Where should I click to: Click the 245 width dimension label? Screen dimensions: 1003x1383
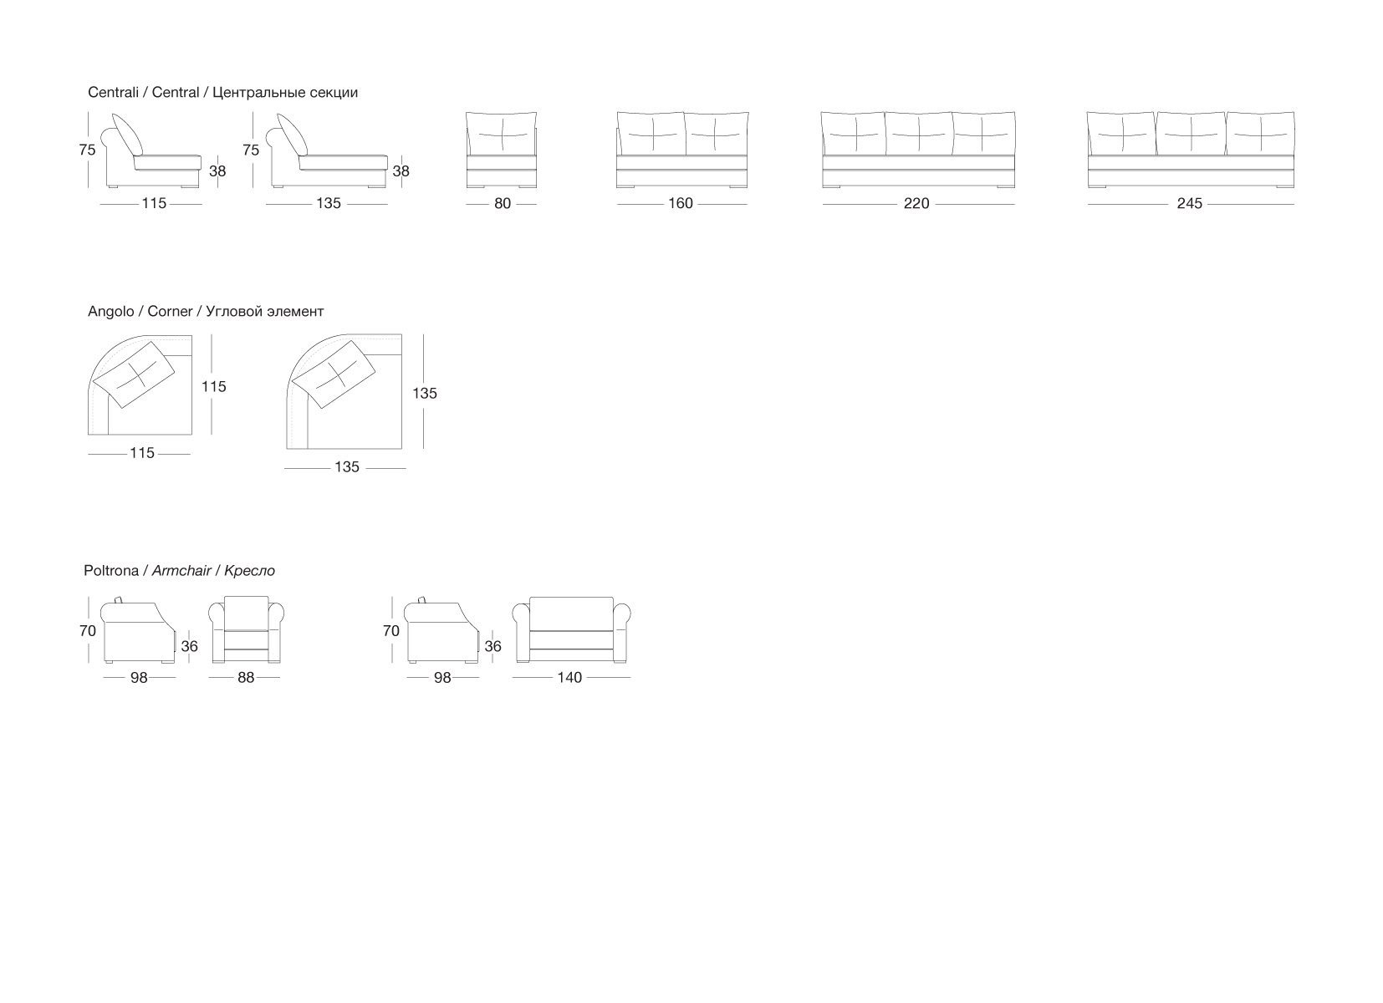pyautogui.click(x=1189, y=203)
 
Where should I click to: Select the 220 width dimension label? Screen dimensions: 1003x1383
pyautogui.click(x=916, y=203)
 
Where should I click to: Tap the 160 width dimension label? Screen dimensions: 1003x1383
pyautogui.click(x=681, y=203)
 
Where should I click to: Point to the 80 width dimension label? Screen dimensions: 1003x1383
pyautogui.click(x=502, y=203)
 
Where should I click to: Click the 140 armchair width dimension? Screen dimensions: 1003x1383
pyautogui.click(x=569, y=678)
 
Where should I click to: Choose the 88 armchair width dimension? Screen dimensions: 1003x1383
pyautogui.click(x=245, y=678)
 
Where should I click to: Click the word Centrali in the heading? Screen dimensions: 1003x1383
pyautogui.click(x=113, y=93)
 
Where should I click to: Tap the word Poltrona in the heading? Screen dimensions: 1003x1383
pyautogui.click(x=112, y=571)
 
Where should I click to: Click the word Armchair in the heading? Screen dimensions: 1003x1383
pyautogui.click(x=181, y=571)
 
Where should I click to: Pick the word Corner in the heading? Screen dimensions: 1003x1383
pyautogui.click(x=170, y=312)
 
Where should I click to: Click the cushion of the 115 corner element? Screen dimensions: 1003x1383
pyautogui.click(x=134, y=374)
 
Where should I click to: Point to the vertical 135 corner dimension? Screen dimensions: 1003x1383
pyautogui.click(x=425, y=393)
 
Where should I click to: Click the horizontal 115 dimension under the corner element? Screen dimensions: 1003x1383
pyautogui.click(x=142, y=453)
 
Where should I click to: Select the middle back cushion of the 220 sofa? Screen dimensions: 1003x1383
pyautogui.click(x=918, y=133)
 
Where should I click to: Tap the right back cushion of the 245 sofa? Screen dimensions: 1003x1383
pyautogui.click(x=1260, y=134)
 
